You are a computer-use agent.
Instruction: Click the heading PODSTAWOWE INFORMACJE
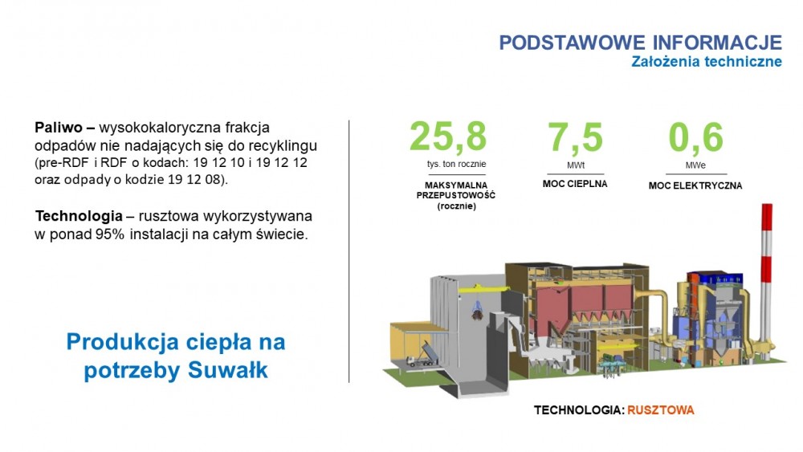641,43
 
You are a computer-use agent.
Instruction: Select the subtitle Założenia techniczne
707,62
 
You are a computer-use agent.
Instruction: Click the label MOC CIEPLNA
575,184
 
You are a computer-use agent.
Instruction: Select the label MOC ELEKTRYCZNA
695,185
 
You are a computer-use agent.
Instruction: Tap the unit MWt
576,165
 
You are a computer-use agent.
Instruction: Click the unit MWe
695,165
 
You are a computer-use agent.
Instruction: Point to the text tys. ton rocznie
456,165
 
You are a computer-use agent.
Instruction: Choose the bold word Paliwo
59,128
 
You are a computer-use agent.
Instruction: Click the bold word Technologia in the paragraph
79,217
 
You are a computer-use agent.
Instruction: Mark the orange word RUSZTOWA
661,410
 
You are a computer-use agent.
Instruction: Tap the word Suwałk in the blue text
228,370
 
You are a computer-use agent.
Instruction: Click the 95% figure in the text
110,234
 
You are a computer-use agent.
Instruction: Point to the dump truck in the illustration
421,355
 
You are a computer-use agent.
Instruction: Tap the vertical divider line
349,251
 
